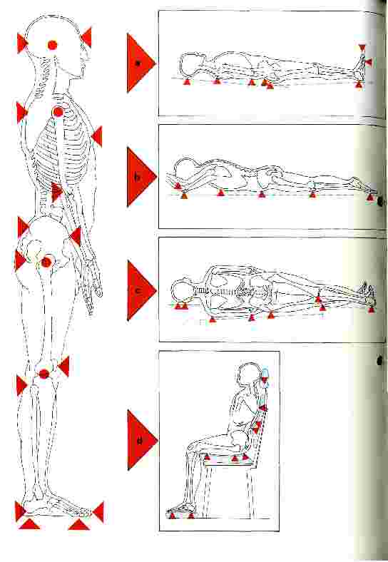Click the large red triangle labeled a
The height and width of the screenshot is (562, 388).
tap(138, 63)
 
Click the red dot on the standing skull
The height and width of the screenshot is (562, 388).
tap(52, 45)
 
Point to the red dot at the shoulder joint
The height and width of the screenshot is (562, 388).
tap(58, 112)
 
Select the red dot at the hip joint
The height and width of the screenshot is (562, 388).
tap(46, 262)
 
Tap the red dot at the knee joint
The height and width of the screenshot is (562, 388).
tap(44, 374)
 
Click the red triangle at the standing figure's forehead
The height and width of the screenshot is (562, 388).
tap(87, 37)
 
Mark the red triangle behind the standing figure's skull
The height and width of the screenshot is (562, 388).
tap(21, 44)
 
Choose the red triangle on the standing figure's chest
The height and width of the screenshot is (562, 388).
tap(98, 136)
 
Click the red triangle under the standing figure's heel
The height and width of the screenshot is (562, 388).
tap(29, 523)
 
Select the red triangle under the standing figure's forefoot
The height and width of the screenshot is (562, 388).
tap(79, 524)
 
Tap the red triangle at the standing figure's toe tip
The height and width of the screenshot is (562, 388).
tap(99, 512)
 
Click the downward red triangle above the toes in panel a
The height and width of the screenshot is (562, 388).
tap(362, 48)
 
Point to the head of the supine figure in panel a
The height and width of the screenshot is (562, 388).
tap(193, 65)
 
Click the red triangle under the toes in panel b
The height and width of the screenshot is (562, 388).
tap(371, 196)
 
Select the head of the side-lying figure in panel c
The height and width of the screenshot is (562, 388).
tap(182, 290)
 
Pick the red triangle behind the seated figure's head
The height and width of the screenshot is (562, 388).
tap(265, 381)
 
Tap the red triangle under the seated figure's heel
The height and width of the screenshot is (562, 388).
tap(172, 516)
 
